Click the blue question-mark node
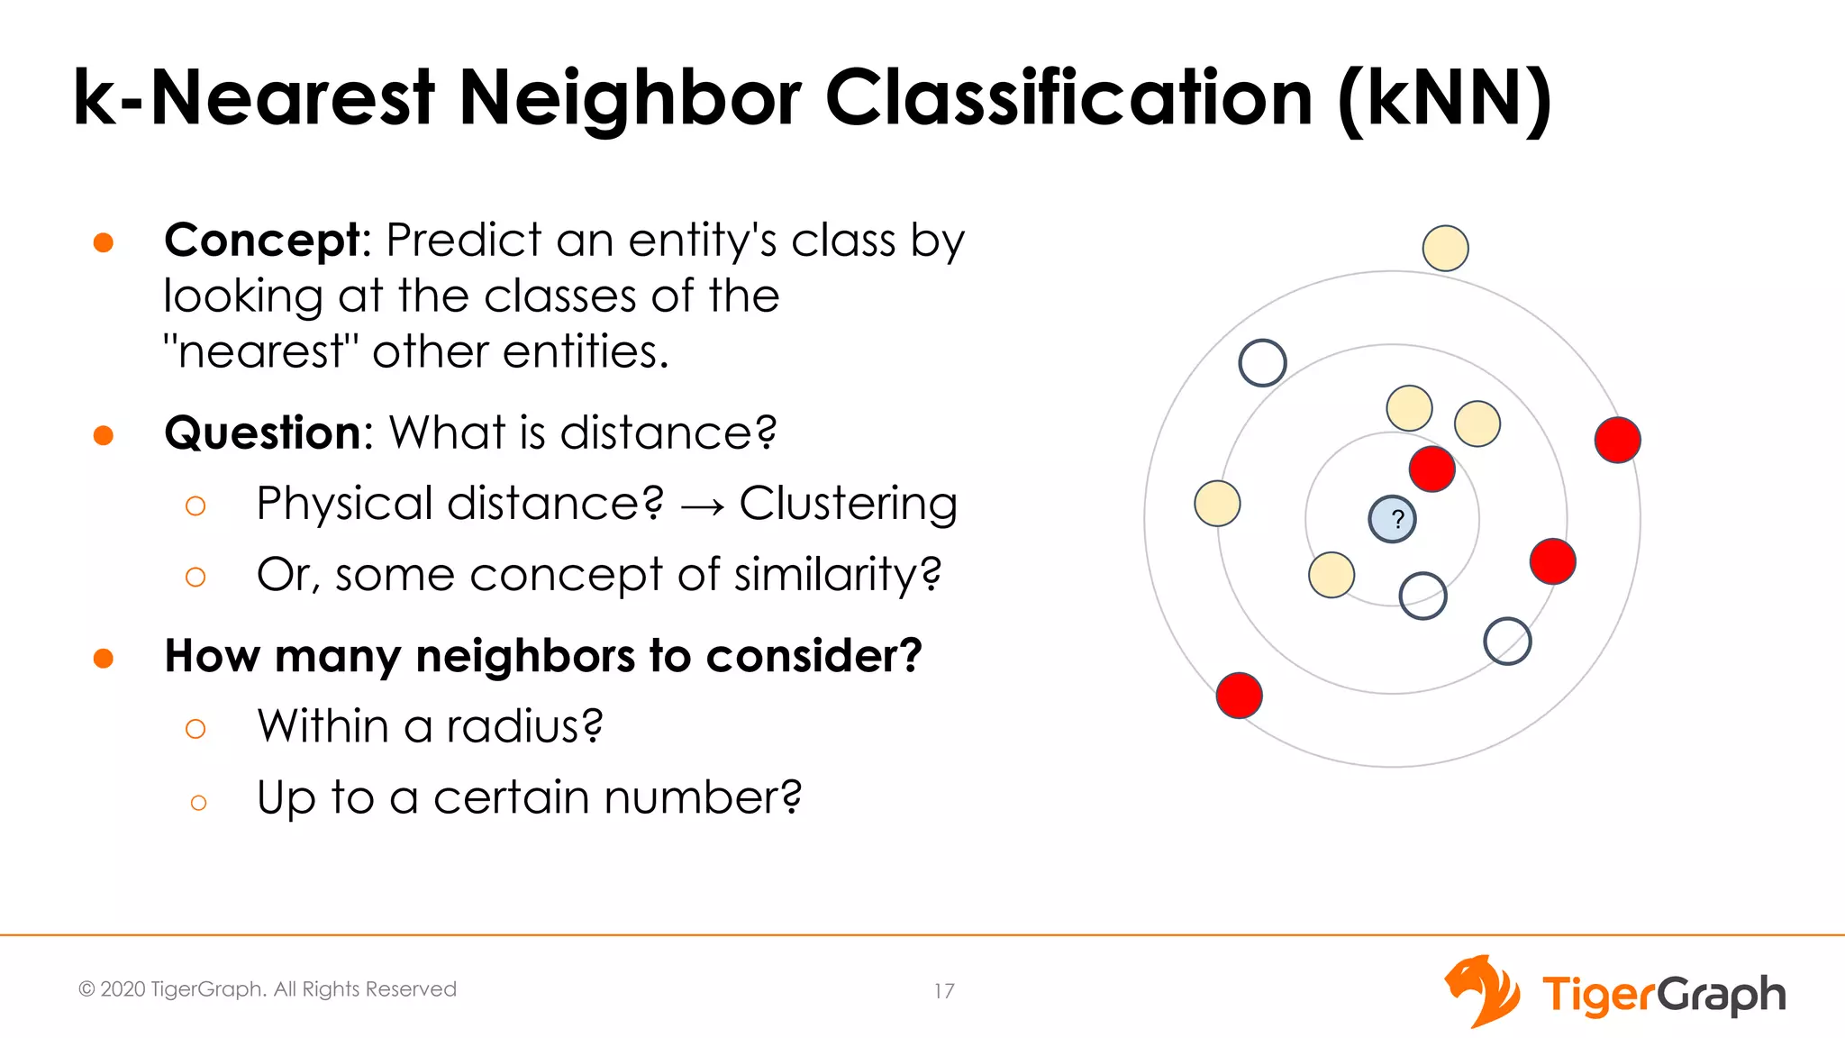coord(1392,519)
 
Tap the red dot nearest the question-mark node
coord(1431,469)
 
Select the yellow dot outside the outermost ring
coord(1445,248)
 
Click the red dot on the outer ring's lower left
coord(1239,695)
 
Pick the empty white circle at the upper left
coord(1262,363)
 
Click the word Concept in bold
coord(262,241)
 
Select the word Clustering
coord(848,504)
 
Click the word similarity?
coord(838,575)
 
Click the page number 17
coord(943,991)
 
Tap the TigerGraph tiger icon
coord(1482,991)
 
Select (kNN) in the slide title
coord(1445,99)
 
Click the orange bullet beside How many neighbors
coord(104,658)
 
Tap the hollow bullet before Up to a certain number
coord(198,802)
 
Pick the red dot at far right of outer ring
coord(1617,440)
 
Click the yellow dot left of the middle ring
coord(1217,503)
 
